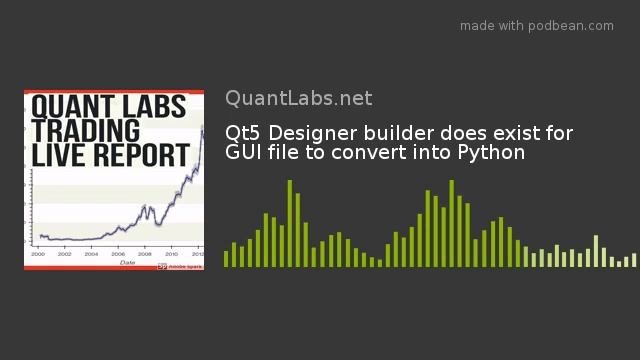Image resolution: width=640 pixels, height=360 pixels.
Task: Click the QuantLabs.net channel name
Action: click(x=298, y=98)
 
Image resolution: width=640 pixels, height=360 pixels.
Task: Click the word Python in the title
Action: click(x=491, y=153)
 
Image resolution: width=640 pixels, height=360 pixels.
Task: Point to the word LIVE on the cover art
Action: click(x=56, y=155)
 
